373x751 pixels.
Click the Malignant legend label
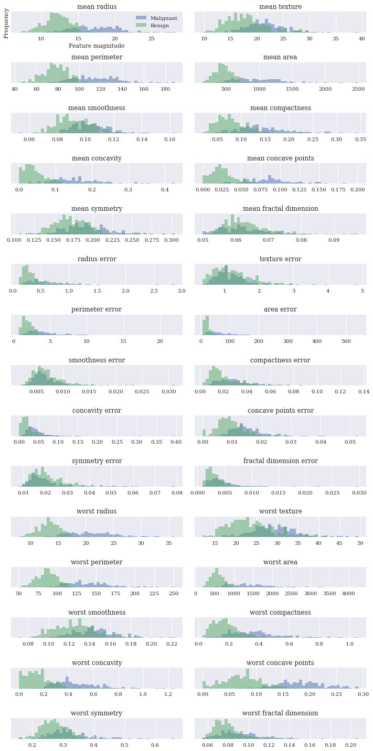pyautogui.click(x=164, y=18)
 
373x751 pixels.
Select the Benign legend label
pyautogui.click(x=159, y=26)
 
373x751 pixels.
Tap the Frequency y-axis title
pyautogui.click(x=6, y=24)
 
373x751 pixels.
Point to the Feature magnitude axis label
pyautogui.click(x=97, y=46)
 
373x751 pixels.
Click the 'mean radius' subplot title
pyautogui.click(x=97, y=7)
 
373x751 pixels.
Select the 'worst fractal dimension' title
pyautogui.click(x=280, y=713)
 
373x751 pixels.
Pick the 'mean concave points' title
pyautogui.click(x=281, y=158)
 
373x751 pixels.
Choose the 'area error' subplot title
pyautogui.click(x=280, y=309)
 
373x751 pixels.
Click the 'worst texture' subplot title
pyautogui.click(x=281, y=511)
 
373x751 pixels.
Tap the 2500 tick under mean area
pyautogui.click(x=358, y=89)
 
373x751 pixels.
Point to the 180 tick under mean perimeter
pyautogui.click(x=165, y=89)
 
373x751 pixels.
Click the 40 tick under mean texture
pyautogui.click(x=361, y=39)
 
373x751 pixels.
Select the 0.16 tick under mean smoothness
pyautogui.click(x=170, y=139)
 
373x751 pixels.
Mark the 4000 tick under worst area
pyautogui.click(x=348, y=593)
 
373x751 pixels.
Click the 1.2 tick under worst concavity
pyautogui.click(x=168, y=694)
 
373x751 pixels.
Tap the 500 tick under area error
pyautogui.click(x=346, y=341)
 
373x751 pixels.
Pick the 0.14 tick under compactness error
pyautogui.click(x=364, y=391)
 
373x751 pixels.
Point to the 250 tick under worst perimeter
pyautogui.click(x=174, y=593)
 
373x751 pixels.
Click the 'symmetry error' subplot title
pyautogui.click(x=97, y=460)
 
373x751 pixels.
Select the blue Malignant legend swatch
pyautogui.click(x=141, y=18)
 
